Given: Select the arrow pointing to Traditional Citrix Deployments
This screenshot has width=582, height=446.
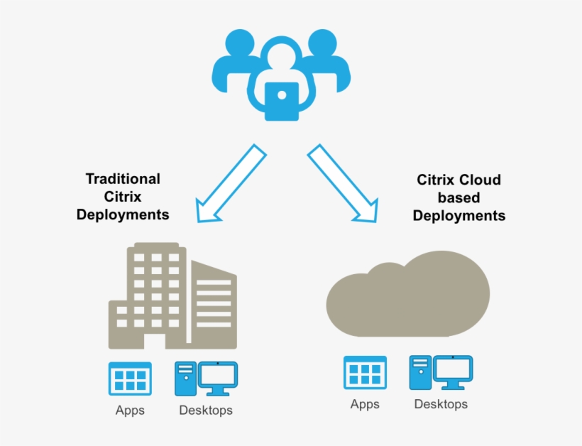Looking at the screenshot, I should [229, 185].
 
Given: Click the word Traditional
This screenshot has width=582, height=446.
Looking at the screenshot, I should [123, 179].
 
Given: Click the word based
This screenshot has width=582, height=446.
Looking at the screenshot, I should [459, 197].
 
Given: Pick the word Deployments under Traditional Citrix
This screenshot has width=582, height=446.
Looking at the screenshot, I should [123, 214].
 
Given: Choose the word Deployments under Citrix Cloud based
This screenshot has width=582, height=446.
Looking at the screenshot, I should [459, 215].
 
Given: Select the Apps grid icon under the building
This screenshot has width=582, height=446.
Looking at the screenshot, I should [130, 379].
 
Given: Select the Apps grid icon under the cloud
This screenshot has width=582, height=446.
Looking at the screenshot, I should [365, 373].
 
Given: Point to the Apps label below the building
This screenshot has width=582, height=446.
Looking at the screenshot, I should [130, 410].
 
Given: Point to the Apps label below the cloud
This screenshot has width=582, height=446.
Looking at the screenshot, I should [365, 405].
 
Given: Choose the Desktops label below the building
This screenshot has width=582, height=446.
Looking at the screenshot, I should [205, 410].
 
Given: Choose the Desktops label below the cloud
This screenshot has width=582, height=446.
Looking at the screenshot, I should [441, 405].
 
